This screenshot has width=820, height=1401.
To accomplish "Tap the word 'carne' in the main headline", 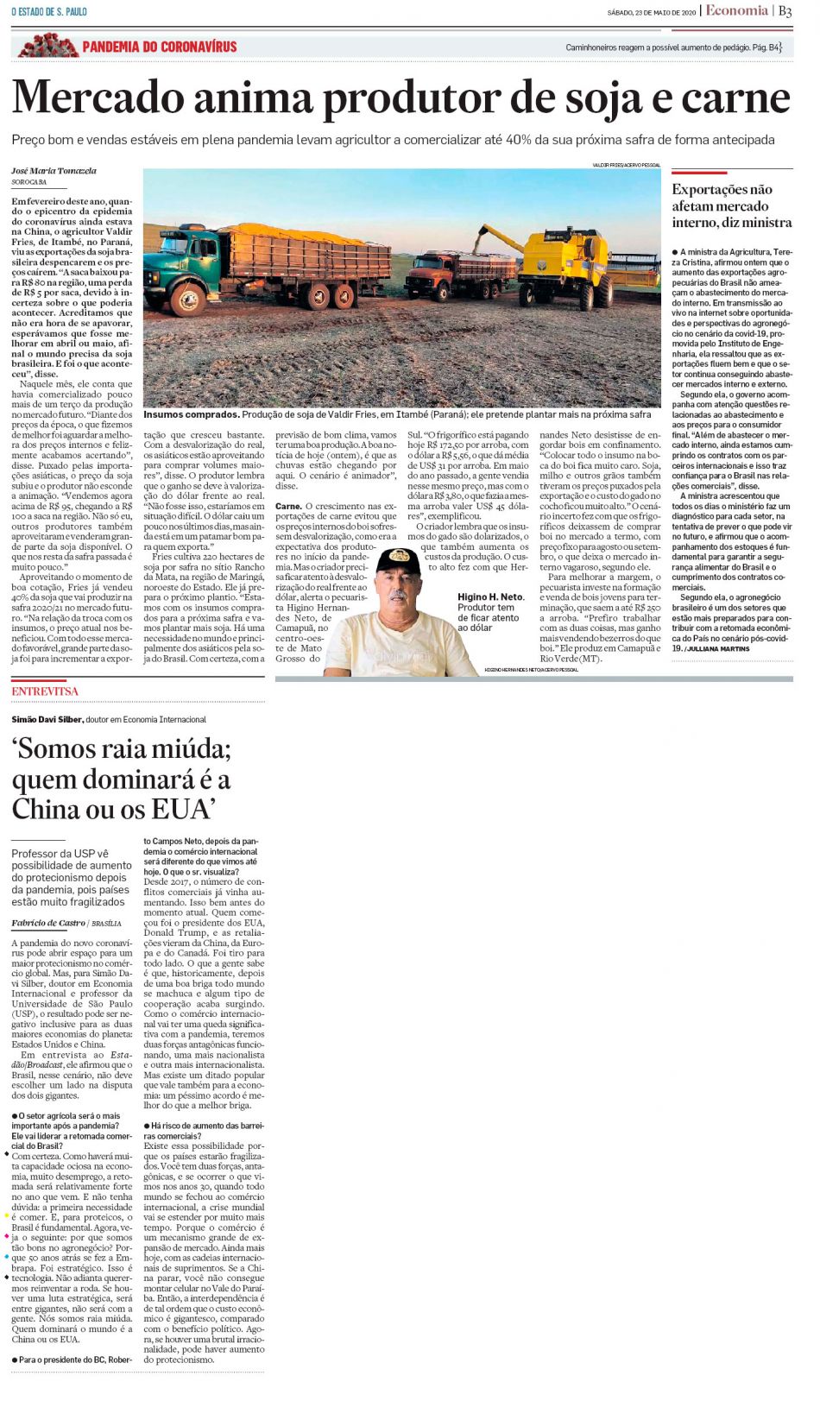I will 735,99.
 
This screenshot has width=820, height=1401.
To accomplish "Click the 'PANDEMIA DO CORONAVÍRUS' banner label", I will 159,47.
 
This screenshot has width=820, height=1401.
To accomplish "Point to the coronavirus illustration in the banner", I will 48,45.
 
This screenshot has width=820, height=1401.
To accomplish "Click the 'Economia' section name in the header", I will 736,11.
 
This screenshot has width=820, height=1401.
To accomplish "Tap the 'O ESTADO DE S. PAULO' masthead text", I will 49,12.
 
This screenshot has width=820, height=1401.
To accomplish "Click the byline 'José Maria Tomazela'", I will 54,171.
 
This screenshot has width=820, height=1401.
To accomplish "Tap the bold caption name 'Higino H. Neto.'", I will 490,596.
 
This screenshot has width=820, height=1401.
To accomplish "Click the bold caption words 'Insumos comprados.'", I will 191,414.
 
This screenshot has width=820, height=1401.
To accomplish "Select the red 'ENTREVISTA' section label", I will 45,691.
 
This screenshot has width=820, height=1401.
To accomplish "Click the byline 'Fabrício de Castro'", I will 47,923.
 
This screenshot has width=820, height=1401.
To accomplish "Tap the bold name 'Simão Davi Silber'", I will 47,719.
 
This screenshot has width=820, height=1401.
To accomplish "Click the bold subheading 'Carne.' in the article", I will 288,506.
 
